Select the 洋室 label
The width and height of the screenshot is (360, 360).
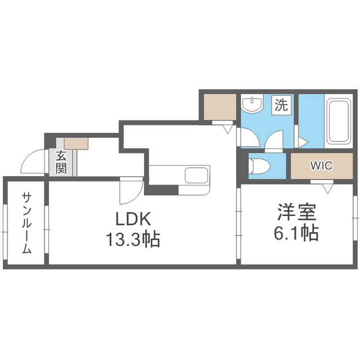297,212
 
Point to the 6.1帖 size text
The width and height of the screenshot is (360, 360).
297,232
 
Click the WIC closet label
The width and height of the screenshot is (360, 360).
321,165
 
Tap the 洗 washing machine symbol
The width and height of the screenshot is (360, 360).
281,105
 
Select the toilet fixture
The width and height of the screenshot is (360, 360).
259,165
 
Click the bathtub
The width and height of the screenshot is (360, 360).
338,123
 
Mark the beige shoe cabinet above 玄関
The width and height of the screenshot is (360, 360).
76,143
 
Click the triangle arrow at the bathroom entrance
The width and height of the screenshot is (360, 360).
301,141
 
